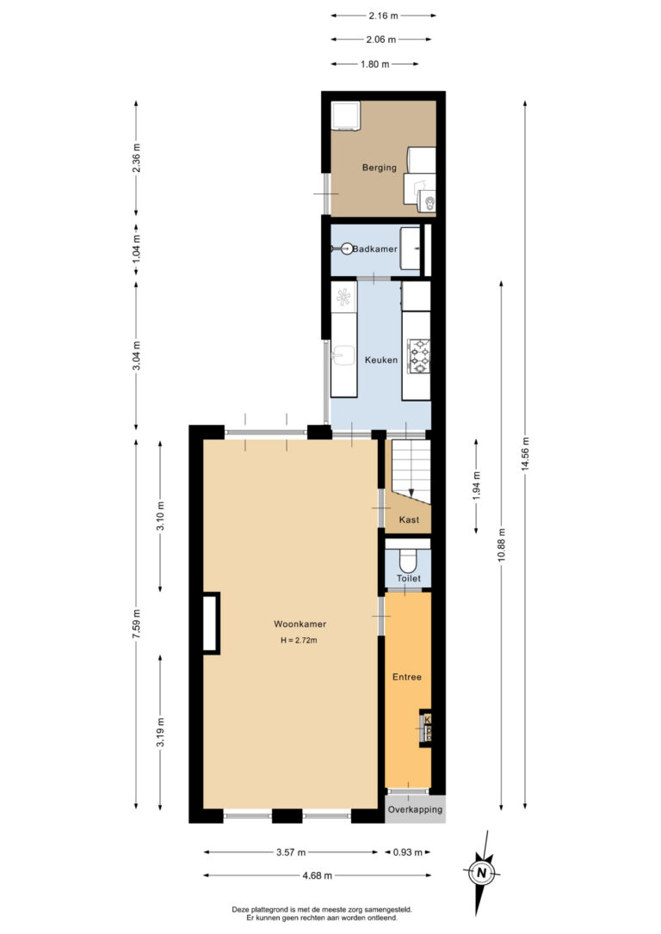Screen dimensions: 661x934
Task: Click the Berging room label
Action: pos(379,168)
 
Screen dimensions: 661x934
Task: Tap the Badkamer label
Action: pos(375,249)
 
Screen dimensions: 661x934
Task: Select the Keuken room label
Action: pos(381,359)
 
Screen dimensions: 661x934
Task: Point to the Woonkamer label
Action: pos(300,624)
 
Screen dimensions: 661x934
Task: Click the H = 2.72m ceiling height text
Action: pos(299,641)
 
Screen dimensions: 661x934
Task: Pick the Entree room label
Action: pos(407,677)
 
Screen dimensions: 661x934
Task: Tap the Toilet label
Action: pos(409,579)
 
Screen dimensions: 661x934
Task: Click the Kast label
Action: pos(409,520)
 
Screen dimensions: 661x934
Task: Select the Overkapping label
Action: pos(416,809)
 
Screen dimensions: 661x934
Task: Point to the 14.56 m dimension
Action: pos(525,454)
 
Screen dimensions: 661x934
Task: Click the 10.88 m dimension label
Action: pos(502,544)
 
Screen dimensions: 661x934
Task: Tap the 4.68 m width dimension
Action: pos(317,876)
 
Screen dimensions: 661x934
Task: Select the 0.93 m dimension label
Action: pos(408,852)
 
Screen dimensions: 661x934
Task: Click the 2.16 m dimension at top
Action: pos(383,15)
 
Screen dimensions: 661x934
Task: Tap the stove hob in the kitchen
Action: pos(419,355)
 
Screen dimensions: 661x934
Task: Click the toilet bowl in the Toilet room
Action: pos(408,560)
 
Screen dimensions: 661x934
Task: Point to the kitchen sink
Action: pos(344,355)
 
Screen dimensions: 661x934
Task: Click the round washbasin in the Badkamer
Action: pos(347,249)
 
